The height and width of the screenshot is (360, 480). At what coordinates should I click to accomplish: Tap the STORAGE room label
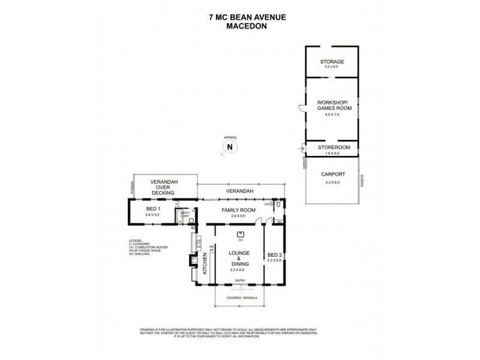tap(332, 62)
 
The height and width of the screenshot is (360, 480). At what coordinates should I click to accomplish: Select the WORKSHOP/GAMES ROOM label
tap(332, 106)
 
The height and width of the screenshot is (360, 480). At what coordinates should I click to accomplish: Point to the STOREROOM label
tap(332, 146)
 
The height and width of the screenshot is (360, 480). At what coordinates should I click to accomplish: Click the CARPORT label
tap(332, 176)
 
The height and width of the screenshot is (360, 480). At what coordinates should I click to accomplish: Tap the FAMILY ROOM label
tap(239, 210)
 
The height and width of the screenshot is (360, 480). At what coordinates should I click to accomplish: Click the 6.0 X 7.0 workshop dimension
tap(332, 114)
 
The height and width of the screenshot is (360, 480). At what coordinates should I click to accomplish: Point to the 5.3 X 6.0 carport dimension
tap(332, 182)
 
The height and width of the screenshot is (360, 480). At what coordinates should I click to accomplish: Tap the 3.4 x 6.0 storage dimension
tap(332, 67)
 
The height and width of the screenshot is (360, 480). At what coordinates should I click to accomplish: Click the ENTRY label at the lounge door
tap(240, 281)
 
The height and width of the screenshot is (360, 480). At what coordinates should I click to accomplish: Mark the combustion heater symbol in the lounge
tap(240, 235)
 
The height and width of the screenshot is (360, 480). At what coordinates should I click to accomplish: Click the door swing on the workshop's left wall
tap(302, 108)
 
